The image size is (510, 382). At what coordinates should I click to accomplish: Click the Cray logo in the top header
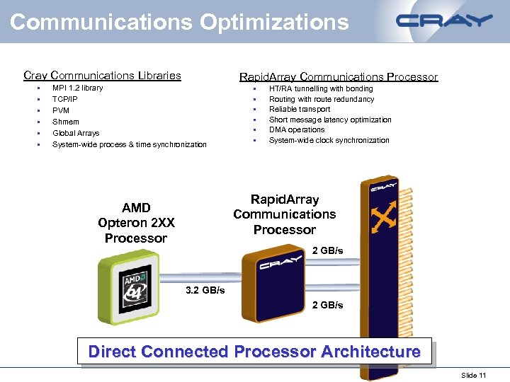pos(445,21)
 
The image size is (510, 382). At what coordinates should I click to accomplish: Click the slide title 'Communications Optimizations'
pos(179,22)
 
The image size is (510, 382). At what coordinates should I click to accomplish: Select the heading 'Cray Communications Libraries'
pos(102,76)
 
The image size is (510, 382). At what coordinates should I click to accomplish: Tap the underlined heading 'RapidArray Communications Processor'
pos(339,77)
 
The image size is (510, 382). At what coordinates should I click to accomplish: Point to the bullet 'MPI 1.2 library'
pos(78,88)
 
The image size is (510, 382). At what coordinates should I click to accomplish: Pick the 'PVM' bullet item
pos(61,111)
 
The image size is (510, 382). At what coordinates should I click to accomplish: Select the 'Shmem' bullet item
pos(66,122)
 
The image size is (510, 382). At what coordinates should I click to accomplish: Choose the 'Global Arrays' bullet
pos(76,133)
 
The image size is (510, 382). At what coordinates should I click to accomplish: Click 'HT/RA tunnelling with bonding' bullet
pos(321,89)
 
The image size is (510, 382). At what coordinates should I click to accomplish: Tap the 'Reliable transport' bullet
pos(300,110)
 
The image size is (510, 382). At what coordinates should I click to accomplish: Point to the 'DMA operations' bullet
pos(297,130)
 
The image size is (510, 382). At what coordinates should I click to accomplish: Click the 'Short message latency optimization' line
pos(330,120)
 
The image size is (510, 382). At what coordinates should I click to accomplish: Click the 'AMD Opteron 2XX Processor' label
pos(136,223)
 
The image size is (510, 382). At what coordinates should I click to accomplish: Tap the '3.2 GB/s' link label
pos(205,291)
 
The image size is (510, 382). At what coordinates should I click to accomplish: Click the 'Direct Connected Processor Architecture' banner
pos(254,352)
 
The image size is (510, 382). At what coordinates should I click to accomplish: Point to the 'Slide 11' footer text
pos(473,375)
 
